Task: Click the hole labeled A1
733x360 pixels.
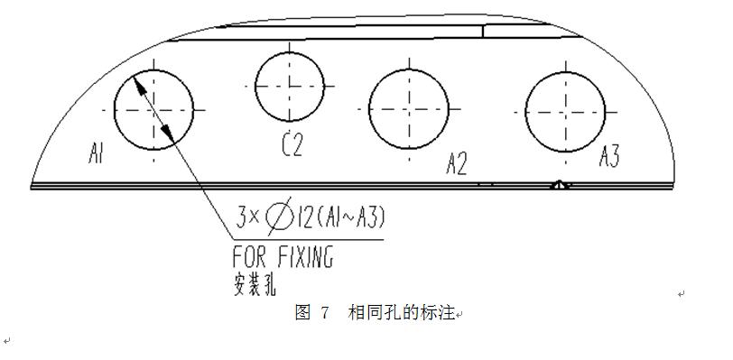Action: (154, 109)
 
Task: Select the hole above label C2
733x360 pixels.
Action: (290, 87)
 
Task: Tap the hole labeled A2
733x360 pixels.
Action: (409, 109)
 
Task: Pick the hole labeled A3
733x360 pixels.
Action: (566, 111)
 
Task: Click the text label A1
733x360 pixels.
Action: (98, 154)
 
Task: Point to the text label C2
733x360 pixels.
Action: (291, 144)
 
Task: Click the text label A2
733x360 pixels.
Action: (456, 163)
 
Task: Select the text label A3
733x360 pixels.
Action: (610, 157)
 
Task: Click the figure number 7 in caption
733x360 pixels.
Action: (324, 314)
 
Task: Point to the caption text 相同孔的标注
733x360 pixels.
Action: (402, 314)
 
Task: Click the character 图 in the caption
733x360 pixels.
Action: (302, 314)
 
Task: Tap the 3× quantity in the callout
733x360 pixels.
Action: (248, 217)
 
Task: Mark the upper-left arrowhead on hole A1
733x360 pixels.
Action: (138, 84)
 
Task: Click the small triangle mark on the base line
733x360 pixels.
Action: (560, 185)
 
